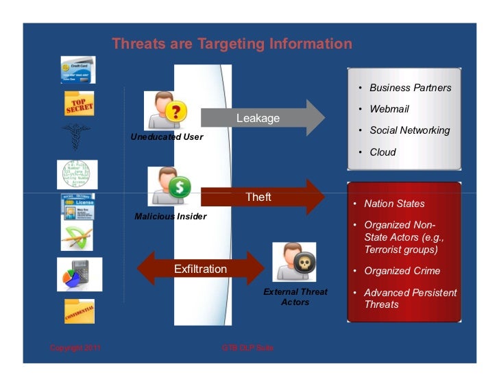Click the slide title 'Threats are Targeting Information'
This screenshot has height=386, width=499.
(x=232, y=45)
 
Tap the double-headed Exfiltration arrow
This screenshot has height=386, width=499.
(x=199, y=269)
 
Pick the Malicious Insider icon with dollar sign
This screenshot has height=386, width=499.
(x=169, y=186)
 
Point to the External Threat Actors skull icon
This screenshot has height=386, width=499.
(x=294, y=263)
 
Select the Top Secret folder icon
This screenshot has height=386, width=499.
(x=79, y=105)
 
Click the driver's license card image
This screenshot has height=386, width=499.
(x=77, y=207)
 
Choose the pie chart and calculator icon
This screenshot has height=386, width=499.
(x=79, y=274)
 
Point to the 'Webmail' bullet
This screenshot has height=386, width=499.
(x=389, y=109)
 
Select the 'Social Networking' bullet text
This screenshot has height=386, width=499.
(x=410, y=130)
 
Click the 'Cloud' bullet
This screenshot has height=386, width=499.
(x=382, y=152)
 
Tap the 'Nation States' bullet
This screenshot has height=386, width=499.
(x=394, y=204)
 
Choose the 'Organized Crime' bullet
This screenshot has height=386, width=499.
(x=402, y=271)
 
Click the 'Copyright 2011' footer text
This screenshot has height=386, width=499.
(x=75, y=348)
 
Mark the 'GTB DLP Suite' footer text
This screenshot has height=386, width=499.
(x=247, y=348)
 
